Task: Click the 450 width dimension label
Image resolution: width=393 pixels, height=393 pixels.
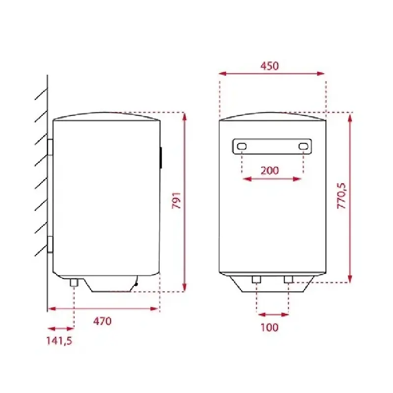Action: tap(269, 66)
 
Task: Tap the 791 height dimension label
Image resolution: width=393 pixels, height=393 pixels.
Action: tap(177, 200)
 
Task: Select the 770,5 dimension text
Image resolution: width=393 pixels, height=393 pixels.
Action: tap(341, 196)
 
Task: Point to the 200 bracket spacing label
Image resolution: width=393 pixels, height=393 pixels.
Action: tap(270, 170)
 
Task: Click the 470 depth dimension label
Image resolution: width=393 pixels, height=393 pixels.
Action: tap(102, 321)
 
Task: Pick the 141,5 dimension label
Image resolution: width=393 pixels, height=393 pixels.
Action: tap(59, 341)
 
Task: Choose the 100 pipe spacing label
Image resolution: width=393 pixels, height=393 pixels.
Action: tap(270, 327)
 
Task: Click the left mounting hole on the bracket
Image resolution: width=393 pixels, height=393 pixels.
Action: tap(242, 146)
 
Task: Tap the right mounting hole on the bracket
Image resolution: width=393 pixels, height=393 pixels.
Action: tap(303, 146)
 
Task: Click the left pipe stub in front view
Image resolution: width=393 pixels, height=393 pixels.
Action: tap(256, 280)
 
